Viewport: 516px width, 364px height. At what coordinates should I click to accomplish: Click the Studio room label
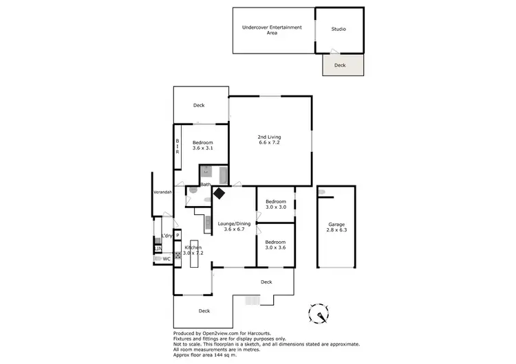pyautogui.click(x=338, y=30)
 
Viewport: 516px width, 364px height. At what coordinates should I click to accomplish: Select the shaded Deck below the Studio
pyautogui.click(x=340, y=65)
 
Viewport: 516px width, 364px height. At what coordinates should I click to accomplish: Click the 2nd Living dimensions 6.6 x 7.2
pyautogui.click(x=270, y=143)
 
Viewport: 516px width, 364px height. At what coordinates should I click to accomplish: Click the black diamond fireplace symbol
pyautogui.click(x=219, y=194)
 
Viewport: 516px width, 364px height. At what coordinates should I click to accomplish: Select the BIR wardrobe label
pyautogui.click(x=177, y=146)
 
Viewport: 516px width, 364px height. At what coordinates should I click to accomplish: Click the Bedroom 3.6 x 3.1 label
pyautogui.click(x=202, y=145)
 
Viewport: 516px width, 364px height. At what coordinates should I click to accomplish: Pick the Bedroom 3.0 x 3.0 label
pyautogui.click(x=275, y=204)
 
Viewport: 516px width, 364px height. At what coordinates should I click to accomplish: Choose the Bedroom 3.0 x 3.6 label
pyautogui.click(x=275, y=245)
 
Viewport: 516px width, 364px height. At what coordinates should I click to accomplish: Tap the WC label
pyautogui.click(x=166, y=259)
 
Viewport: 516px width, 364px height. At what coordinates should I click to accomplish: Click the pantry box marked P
pyautogui.click(x=177, y=236)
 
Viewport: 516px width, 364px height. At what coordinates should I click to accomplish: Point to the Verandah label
pyautogui.click(x=162, y=192)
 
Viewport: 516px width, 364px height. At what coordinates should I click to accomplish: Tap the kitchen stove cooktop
pyautogui.click(x=177, y=255)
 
